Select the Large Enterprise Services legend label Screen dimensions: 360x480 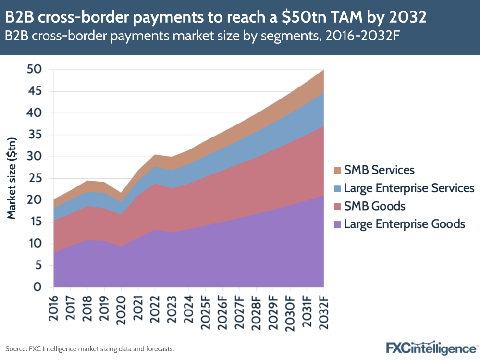409,188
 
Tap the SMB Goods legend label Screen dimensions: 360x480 375,206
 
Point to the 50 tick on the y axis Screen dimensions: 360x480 34,70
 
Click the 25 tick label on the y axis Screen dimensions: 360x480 34,178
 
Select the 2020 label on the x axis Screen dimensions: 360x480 121,306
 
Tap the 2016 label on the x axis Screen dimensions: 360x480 54,306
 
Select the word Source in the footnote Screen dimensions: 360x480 16,348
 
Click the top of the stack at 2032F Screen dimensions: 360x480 323,70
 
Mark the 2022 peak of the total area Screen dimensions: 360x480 155,155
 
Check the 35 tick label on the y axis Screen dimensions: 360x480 34,135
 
